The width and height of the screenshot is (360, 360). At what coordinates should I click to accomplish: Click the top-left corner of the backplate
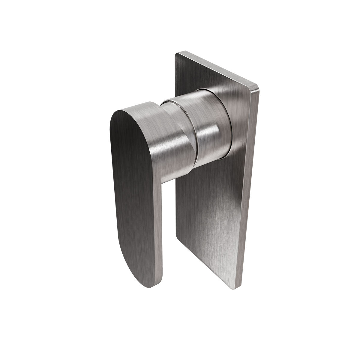pos(176,54)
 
